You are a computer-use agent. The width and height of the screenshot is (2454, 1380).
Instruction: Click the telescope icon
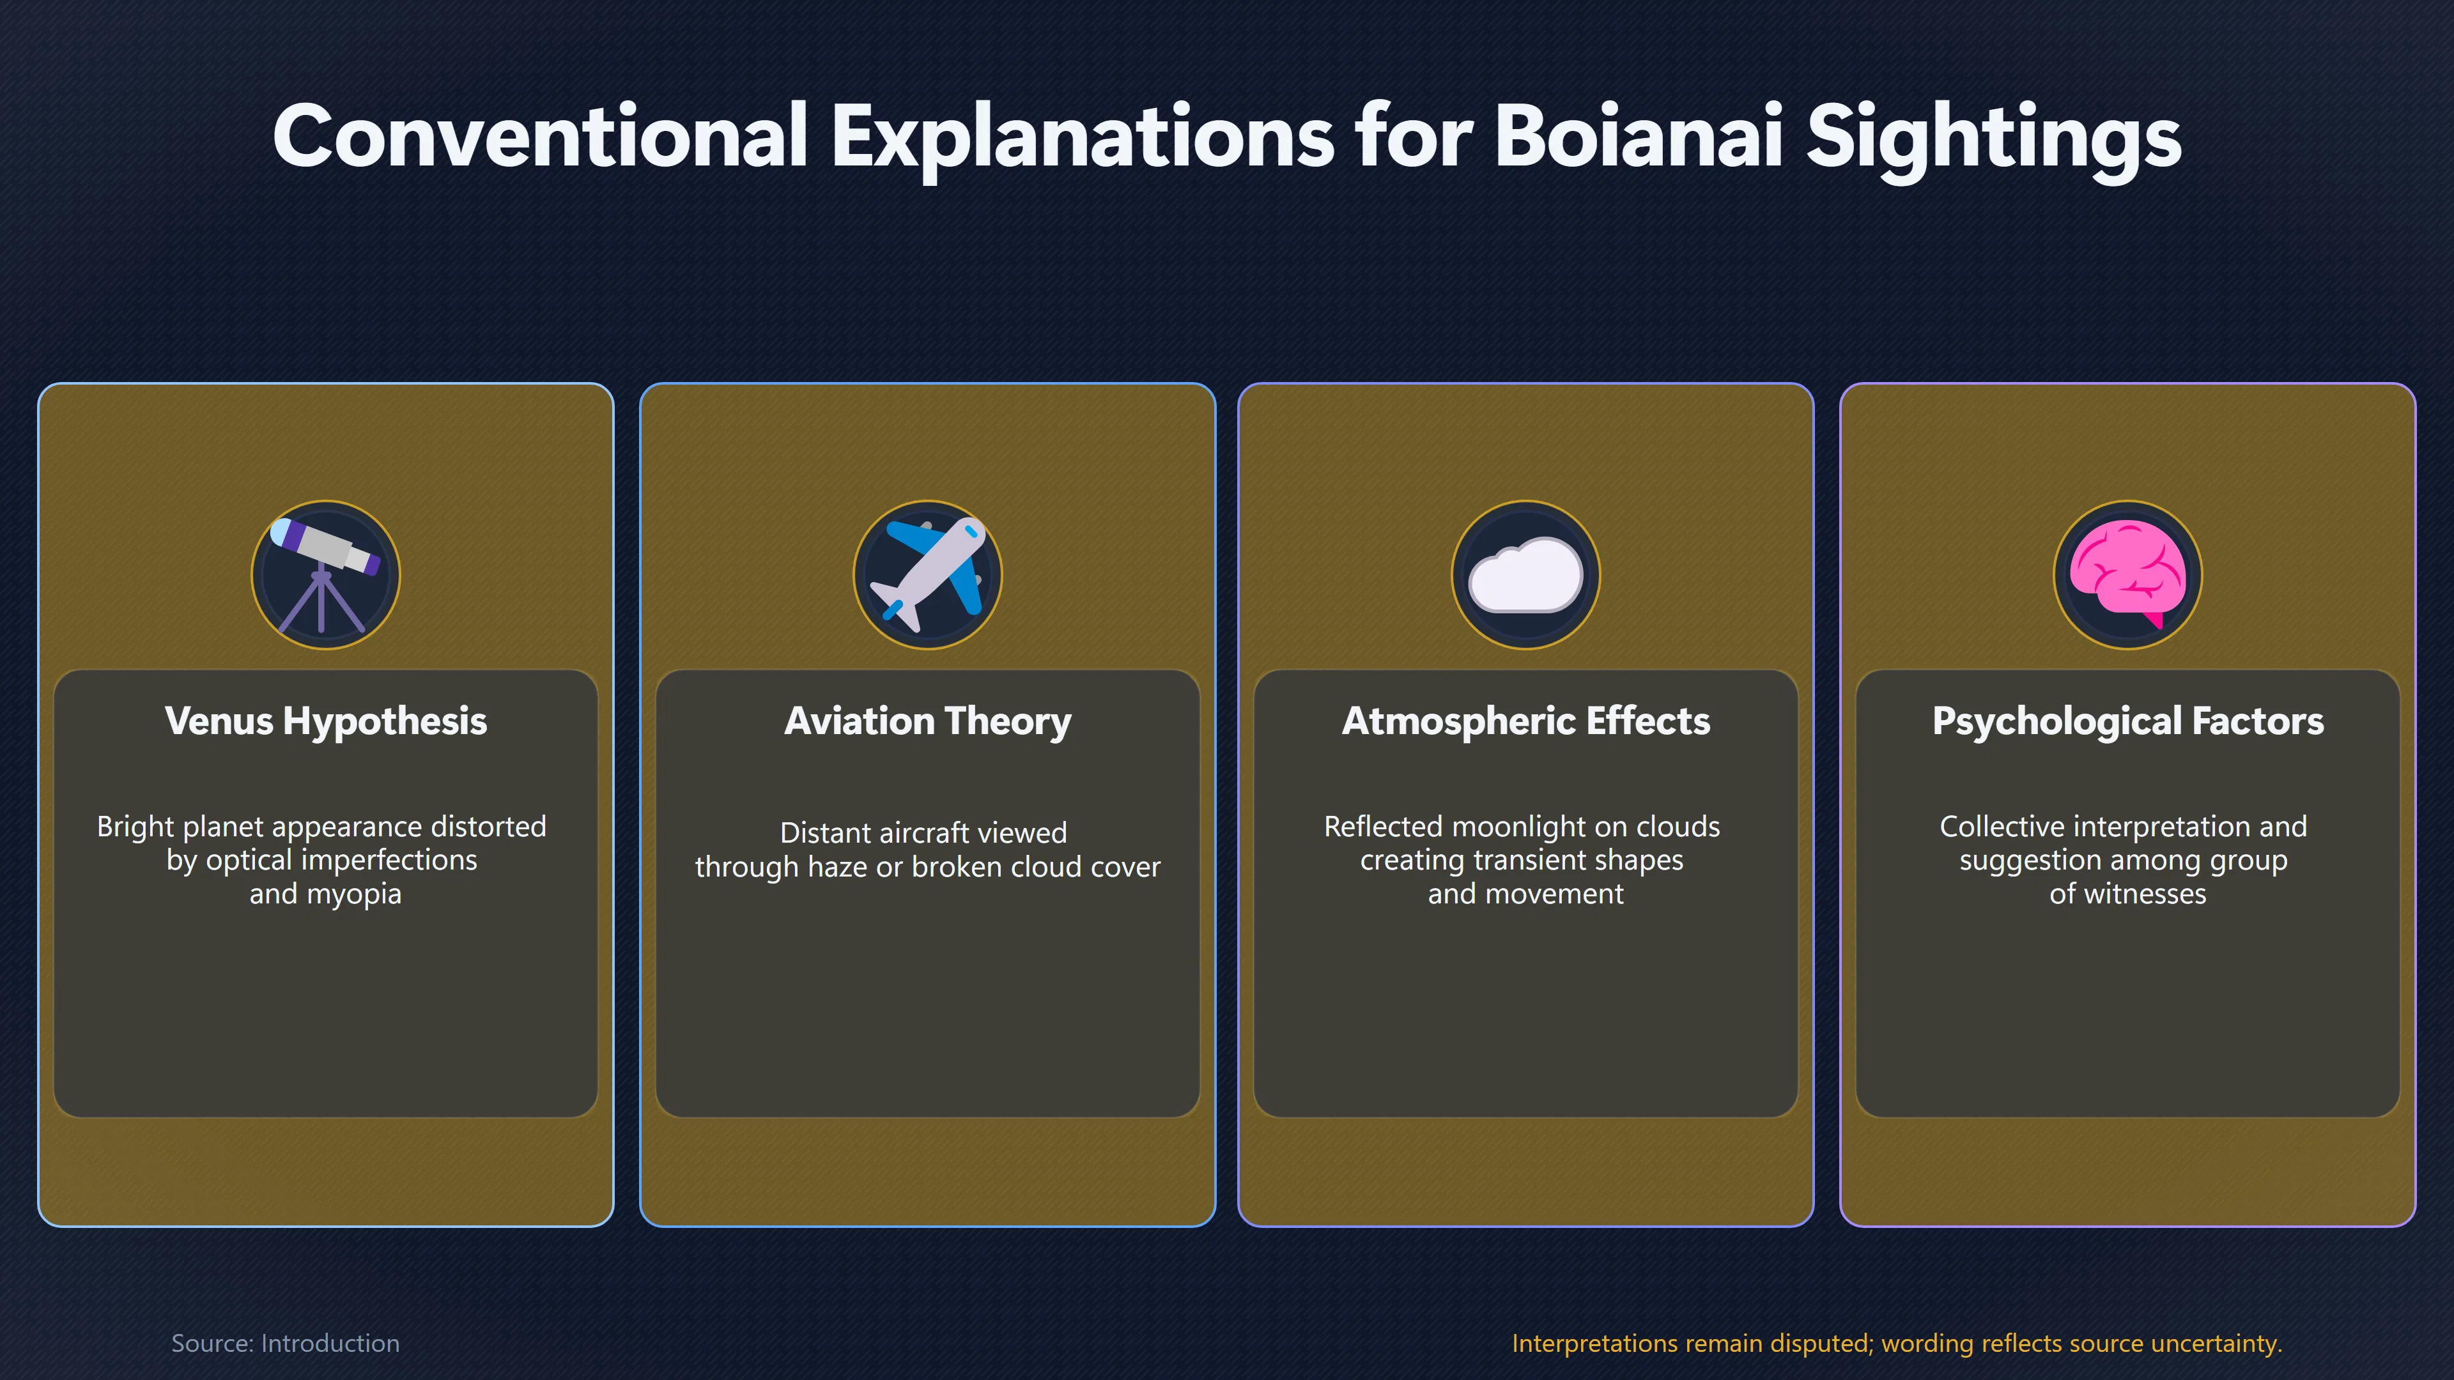coord(325,574)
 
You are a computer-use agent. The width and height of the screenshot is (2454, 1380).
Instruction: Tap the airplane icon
coord(928,574)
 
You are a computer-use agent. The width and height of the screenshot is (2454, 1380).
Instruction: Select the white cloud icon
coord(1525,574)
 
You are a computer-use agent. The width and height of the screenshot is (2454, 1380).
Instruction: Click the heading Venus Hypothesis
coord(326,721)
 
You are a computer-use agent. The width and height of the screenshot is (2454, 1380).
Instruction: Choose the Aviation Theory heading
coord(928,721)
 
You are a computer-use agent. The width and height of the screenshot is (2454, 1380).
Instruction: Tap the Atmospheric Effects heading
coord(1526,721)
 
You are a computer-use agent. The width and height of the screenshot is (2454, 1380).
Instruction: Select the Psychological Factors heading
coord(2128,721)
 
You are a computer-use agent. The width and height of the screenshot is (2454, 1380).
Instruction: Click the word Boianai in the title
coord(1637,136)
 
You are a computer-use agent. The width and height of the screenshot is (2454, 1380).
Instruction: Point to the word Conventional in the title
coord(540,136)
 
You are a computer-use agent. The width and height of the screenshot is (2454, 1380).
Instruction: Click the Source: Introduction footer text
coord(286,1343)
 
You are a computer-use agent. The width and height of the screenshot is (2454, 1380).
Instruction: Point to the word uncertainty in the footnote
coord(2217,1344)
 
